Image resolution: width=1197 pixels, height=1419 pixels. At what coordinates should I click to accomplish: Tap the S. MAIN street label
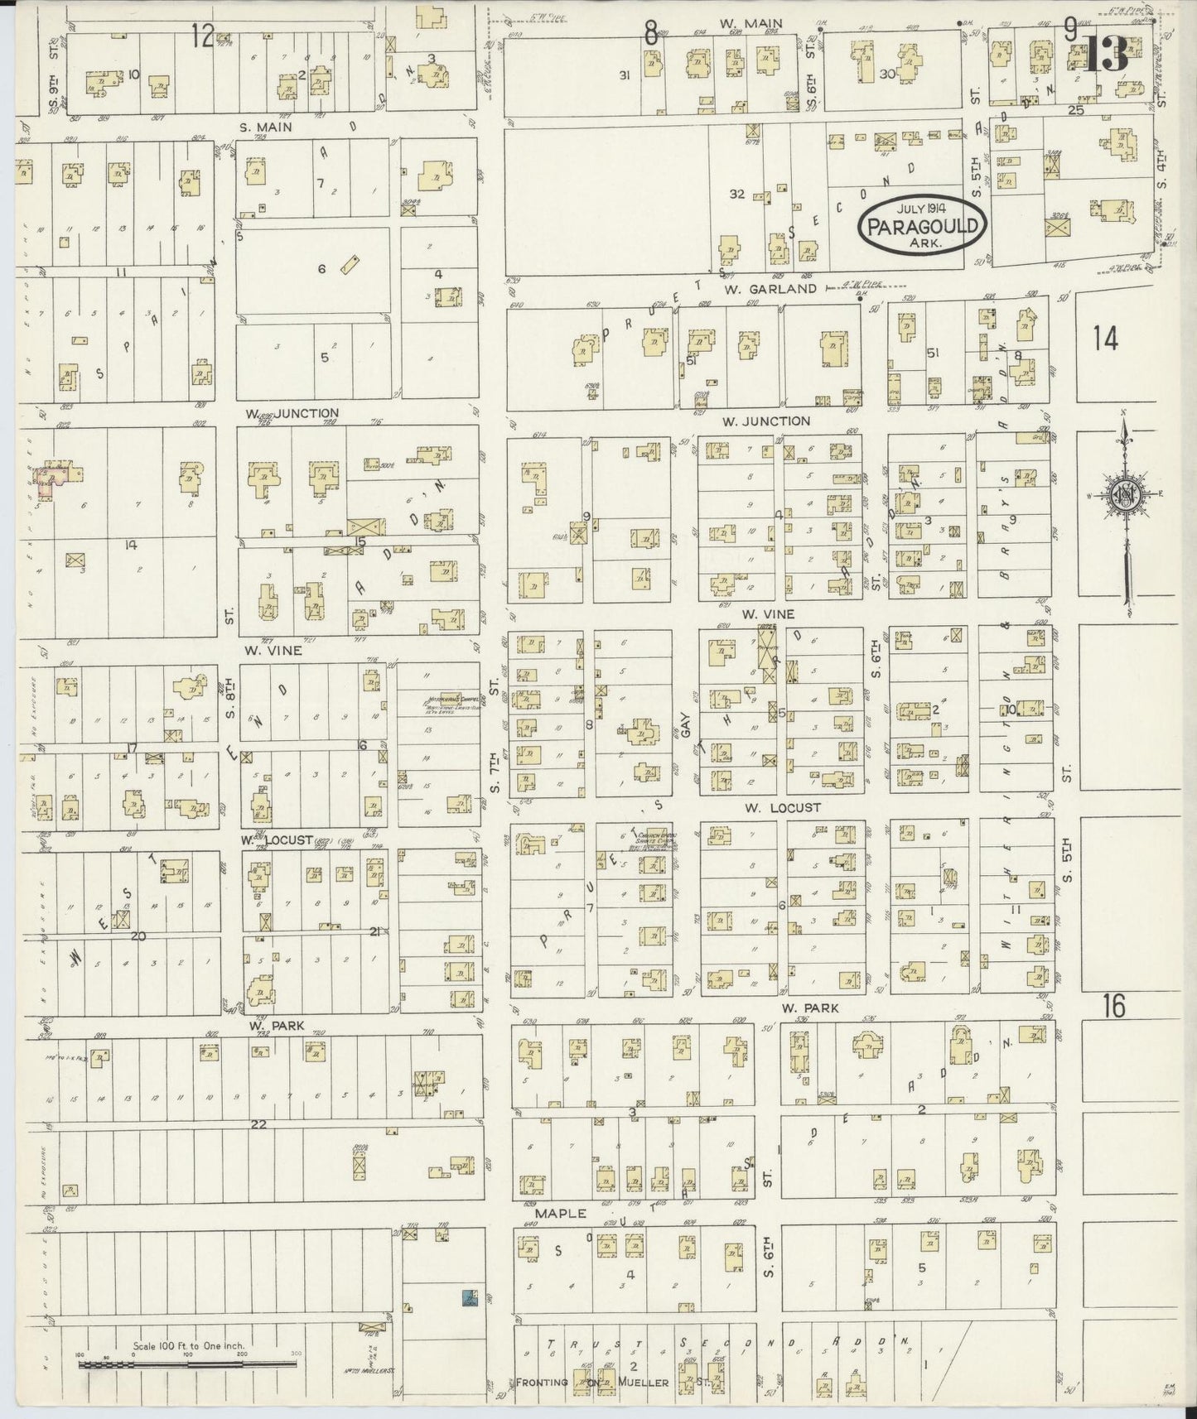(267, 127)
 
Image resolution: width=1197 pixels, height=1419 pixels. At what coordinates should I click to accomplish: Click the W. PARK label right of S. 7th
(810, 1008)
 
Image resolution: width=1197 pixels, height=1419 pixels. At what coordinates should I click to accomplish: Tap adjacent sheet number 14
(1105, 339)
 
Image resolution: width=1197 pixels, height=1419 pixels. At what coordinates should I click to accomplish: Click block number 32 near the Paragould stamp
(736, 195)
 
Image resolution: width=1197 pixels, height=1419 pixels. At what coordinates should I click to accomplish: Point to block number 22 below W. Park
(258, 1123)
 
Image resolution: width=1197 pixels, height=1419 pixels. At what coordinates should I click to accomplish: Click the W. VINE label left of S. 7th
(272, 651)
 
